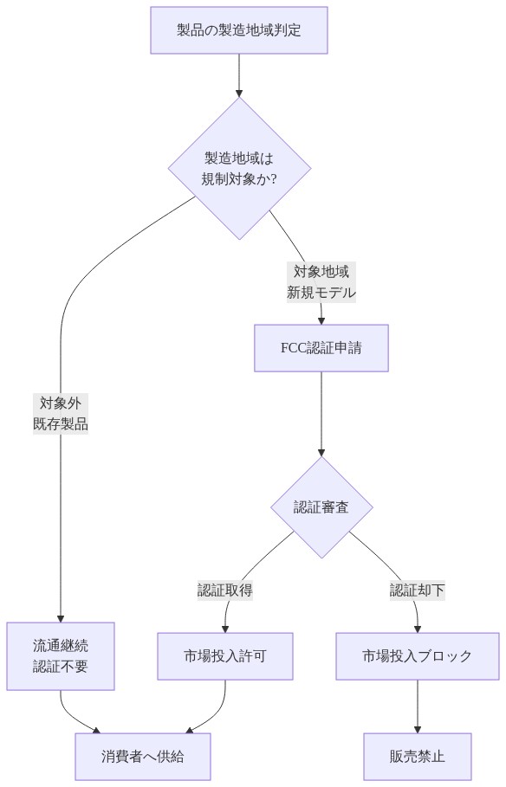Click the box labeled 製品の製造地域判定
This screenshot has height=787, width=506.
pyautogui.click(x=238, y=30)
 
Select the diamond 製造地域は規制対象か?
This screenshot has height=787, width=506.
pyautogui.click(x=238, y=168)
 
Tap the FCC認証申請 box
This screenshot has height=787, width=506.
pyautogui.click(x=321, y=348)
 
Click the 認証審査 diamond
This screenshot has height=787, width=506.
pyautogui.click(x=321, y=507)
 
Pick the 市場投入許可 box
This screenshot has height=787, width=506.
pyautogui.click(x=225, y=655)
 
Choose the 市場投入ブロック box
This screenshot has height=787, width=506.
pyautogui.click(x=418, y=655)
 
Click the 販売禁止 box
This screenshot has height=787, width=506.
pyautogui.click(x=418, y=756)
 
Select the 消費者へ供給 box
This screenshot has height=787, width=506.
pyautogui.click(x=143, y=756)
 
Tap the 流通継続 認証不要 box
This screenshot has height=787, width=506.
pyautogui.click(x=61, y=655)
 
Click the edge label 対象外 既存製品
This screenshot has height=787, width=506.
pyautogui.click(x=61, y=413)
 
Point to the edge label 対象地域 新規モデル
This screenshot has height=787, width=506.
pyautogui.click(x=321, y=281)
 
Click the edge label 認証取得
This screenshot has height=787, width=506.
pyautogui.click(x=225, y=590)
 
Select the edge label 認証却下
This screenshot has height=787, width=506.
pyautogui.click(x=418, y=590)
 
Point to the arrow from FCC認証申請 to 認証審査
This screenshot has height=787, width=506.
pyautogui.click(x=321, y=411)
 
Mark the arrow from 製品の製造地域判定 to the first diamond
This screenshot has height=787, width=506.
pyautogui.click(x=238, y=74)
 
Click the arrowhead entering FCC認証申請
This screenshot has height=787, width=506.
pyautogui.click(x=321, y=319)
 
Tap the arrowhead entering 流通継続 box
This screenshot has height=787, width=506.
pyautogui.click(x=61, y=616)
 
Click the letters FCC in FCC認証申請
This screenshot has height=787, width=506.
pyautogui.click(x=294, y=348)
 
